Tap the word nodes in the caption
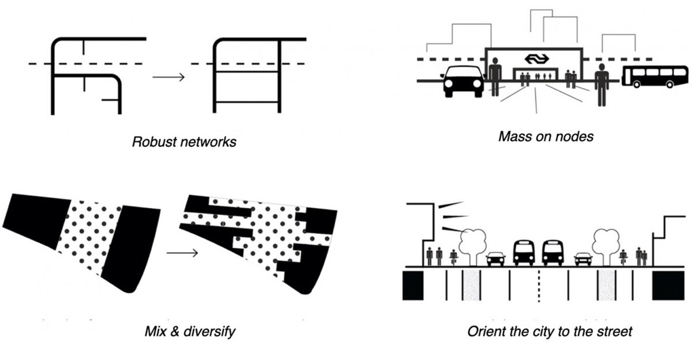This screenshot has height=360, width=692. pyautogui.click(x=574, y=137)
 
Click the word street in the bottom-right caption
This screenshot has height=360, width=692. pyautogui.click(x=614, y=332)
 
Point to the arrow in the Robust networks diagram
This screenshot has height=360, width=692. pyautogui.click(x=168, y=77)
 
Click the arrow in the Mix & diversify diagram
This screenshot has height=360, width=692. pyautogui.click(x=182, y=253)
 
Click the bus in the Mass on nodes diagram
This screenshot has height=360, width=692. pyautogui.click(x=648, y=76)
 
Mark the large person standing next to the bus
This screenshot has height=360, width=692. pyautogui.click(x=601, y=84)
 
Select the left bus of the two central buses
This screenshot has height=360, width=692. pyautogui.click(x=524, y=252)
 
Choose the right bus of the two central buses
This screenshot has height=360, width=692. pyautogui.click(x=552, y=252)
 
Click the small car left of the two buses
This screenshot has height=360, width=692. pyautogui.click(x=496, y=259)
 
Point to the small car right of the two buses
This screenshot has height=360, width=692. pyautogui.click(x=582, y=259)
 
